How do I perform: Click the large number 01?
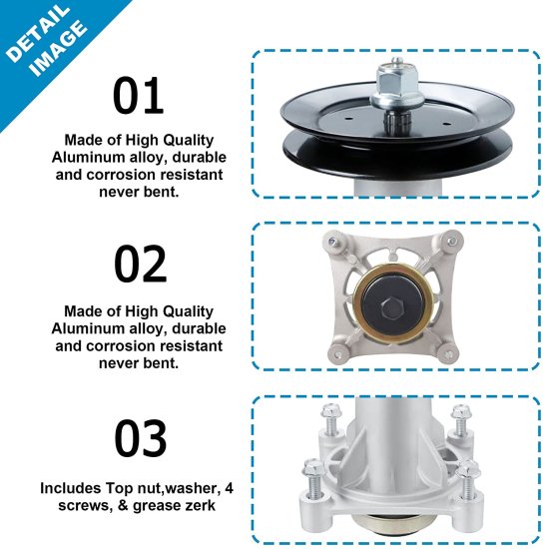pyautogui.click(x=138, y=97)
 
